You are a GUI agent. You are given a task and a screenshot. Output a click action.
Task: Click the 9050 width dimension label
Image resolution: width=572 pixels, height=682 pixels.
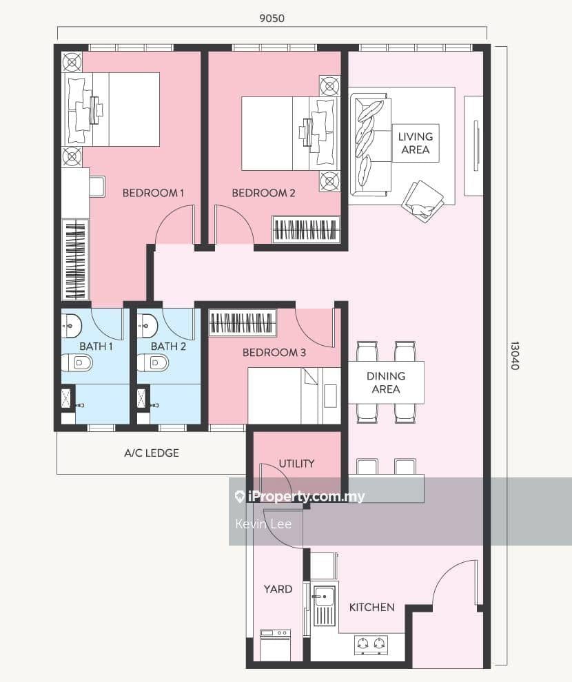point(272,19)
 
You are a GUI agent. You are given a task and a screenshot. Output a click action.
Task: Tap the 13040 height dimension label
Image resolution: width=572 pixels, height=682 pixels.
point(515,355)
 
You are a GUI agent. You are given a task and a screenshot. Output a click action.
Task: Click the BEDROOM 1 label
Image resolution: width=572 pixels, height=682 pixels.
point(153,193)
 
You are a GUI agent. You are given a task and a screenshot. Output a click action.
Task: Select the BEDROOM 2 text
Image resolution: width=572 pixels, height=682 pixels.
point(263,193)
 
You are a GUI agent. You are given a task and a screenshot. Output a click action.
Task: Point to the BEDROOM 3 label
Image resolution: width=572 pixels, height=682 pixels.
point(274,352)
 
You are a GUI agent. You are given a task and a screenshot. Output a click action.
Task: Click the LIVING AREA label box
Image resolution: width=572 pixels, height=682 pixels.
point(416,143)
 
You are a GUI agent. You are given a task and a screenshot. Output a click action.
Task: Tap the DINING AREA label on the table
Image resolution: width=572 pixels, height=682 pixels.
point(386,382)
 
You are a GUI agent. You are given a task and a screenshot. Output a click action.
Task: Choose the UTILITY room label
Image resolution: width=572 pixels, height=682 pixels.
point(296,463)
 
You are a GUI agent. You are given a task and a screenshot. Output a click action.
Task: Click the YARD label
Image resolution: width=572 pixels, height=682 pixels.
point(278,589)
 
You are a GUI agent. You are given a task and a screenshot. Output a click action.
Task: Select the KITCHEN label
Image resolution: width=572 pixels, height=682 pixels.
point(372,607)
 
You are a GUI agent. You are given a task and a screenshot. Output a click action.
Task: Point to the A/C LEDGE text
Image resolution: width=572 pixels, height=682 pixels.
point(152,453)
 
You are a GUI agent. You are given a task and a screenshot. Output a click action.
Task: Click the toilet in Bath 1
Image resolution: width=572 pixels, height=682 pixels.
point(77,362)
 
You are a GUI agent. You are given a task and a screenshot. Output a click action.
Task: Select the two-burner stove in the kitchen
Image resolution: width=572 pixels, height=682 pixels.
point(371,645)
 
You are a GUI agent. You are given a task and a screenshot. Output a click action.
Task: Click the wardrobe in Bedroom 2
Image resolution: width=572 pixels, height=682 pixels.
point(306,229)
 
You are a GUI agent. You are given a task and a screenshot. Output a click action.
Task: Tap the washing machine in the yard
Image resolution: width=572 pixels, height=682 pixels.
point(276,645)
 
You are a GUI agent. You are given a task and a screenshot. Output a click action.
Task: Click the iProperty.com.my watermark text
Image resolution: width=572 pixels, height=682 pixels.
point(300,496)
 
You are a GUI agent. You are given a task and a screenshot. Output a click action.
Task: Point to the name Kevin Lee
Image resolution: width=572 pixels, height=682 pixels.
point(263,524)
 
